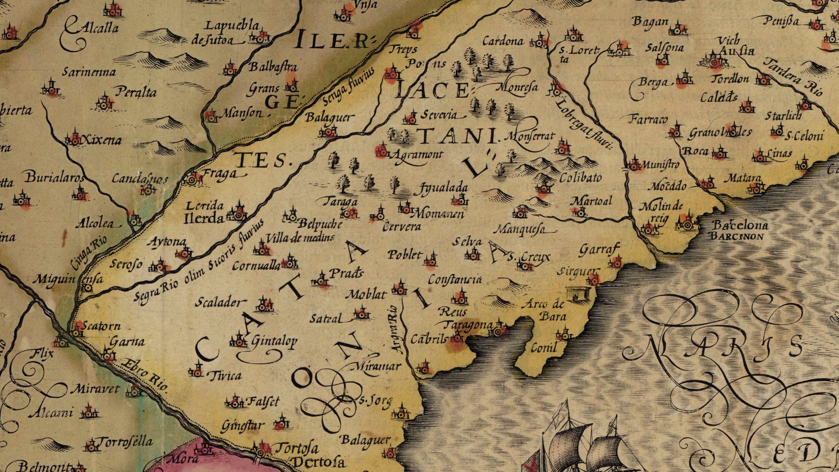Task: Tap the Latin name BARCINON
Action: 737,236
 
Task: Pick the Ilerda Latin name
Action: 204,218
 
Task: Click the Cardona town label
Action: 503,41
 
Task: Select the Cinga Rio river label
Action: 88,255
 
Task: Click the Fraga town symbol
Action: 192,179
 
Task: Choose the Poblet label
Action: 405,255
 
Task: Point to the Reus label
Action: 452,312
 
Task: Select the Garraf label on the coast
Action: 600,250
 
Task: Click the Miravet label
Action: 94,389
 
